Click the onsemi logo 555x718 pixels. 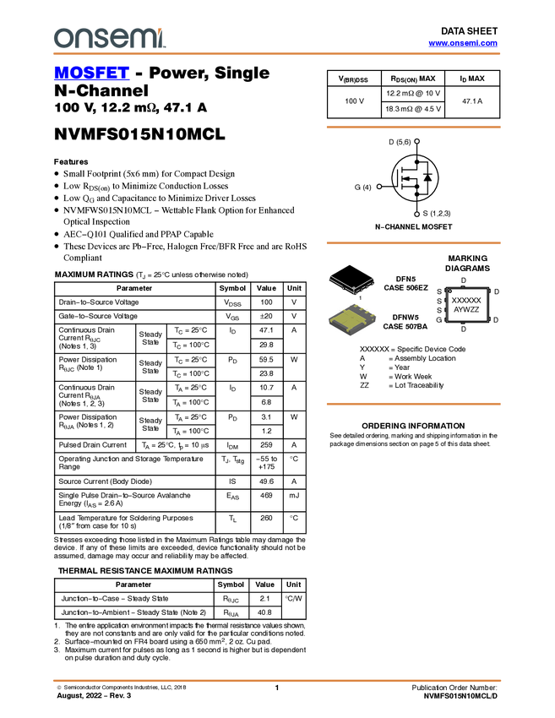tap(109, 38)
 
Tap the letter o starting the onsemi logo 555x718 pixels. tap(62, 39)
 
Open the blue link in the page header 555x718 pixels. tap(463, 43)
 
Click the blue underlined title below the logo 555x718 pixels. tap(91, 73)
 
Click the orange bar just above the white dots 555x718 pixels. tap(413, 128)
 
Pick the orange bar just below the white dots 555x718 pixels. tap(413, 243)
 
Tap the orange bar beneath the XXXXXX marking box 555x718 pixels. tap(413, 404)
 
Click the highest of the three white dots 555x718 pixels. tap(417, 141)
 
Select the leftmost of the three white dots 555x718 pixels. tap(379, 187)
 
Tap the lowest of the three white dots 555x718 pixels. tap(417, 215)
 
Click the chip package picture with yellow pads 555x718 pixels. tap(352, 319)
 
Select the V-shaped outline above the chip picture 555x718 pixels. tap(351, 283)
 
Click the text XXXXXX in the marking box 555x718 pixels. tap(466, 300)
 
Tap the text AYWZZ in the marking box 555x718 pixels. tap(466, 310)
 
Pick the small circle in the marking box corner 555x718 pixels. tap(450, 292)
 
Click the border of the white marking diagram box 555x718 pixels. tap(446, 305)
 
